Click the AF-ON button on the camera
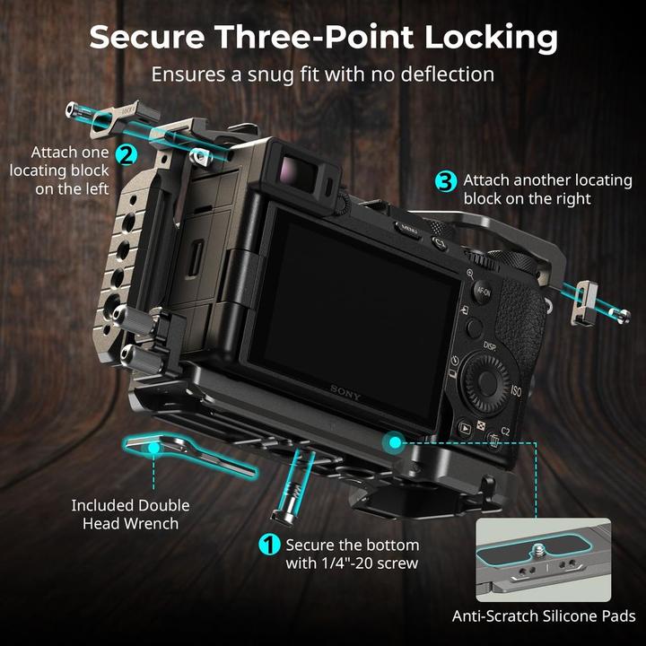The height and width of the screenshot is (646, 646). click(x=483, y=291)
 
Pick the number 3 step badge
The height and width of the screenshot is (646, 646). click(x=446, y=180)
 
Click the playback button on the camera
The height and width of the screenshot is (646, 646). click(x=465, y=428)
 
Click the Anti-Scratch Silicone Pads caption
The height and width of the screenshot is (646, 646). click(x=544, y=615)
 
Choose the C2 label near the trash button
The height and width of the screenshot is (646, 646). click(x=506, y=432)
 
